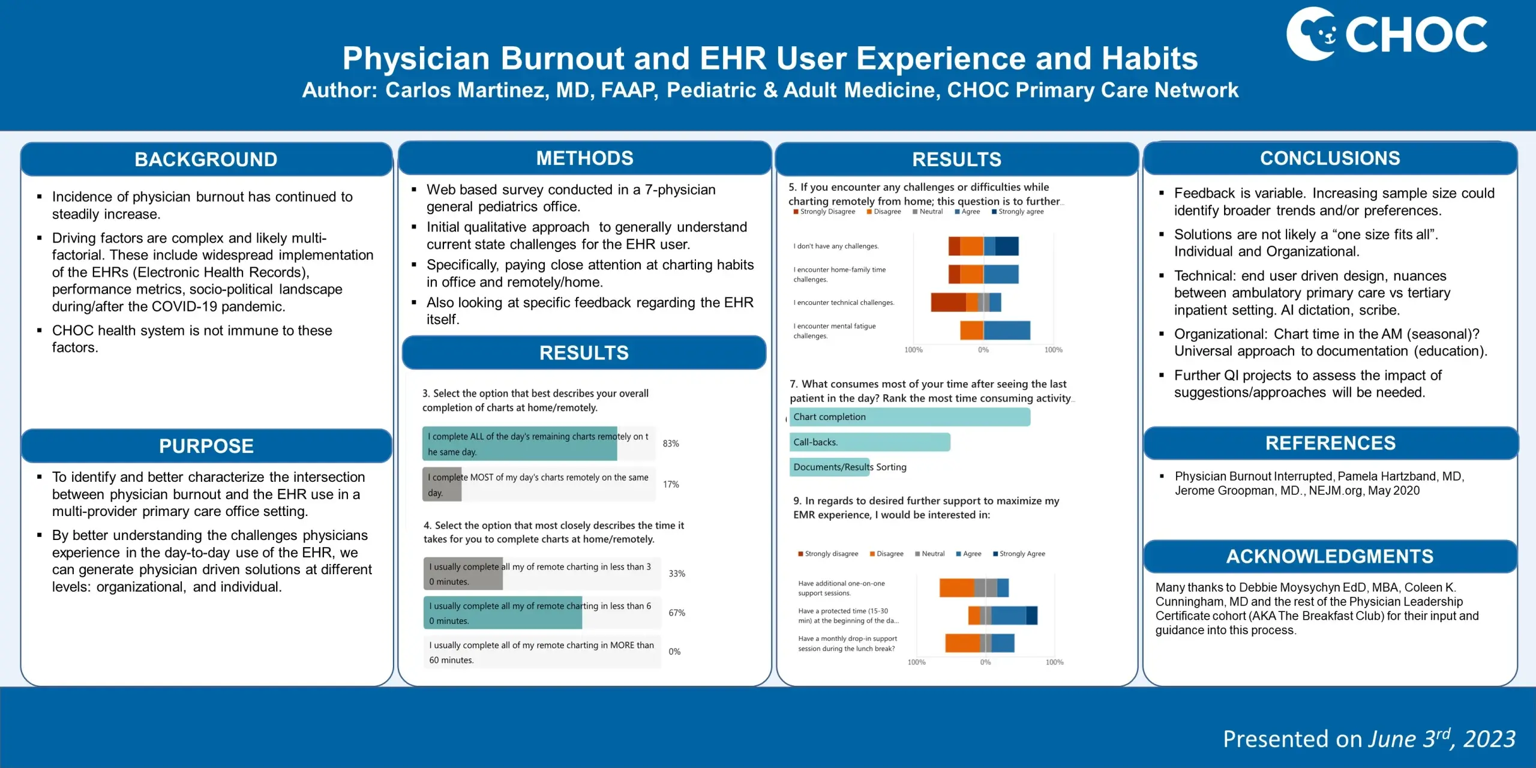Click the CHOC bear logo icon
point(1311,34)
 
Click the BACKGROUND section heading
point(206,160)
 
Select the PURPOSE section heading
point(206,446)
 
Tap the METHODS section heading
point(584,158)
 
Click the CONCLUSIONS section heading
point(1330,158)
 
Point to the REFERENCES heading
point(1330,443)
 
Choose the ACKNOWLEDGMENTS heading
point(1330,557)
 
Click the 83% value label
point(671,444)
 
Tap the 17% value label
point(671,485)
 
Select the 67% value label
point(677,613)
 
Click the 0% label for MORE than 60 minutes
point(674,652)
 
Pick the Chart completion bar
point(910,417)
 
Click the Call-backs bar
point(869,442)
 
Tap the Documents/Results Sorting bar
point(830,467)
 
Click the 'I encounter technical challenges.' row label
point(844,303)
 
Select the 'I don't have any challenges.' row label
point(836,247)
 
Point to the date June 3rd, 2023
point(1441,739)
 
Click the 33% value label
point(677,574)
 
